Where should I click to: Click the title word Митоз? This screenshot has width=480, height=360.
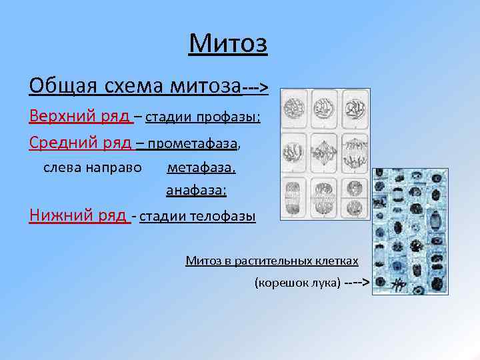pyautogui.click(x=228, y=44)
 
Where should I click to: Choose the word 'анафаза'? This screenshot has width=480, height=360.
pyautogui.click(x=196, y=191)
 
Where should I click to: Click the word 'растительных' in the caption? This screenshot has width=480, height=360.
pyautogui.click(x=276, y=261)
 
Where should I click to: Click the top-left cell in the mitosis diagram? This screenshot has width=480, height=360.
pyautogui.click(x=293, y=107)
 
